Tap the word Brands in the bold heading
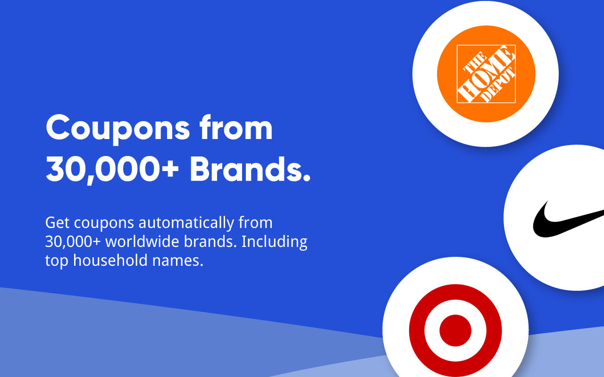point(250,170)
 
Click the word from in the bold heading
point(236,128)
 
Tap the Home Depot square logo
point(486,74)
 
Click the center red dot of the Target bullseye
point(455,330)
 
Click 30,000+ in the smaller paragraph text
point(73,241)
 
